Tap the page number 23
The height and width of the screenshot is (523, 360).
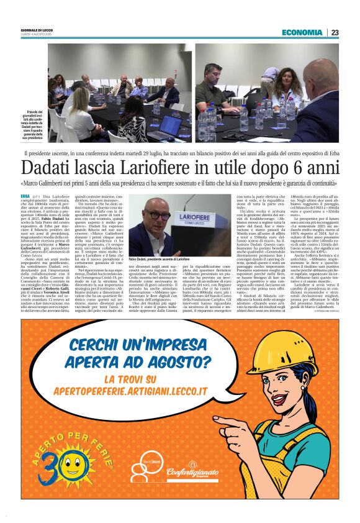[x=335, y=32]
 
